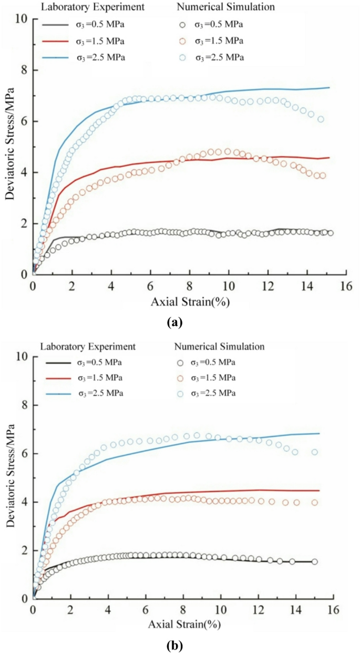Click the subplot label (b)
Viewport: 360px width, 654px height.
(174, 645)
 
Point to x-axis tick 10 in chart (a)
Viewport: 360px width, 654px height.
(228, 285)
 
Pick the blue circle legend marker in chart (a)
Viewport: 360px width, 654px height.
(182, 57)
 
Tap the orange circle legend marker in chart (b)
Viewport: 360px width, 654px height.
(182, 378)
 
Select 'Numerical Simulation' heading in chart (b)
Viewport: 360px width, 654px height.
(218, 346)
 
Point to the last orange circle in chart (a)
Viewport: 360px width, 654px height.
(322, 176)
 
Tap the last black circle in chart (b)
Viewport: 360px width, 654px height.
(315, 561)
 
